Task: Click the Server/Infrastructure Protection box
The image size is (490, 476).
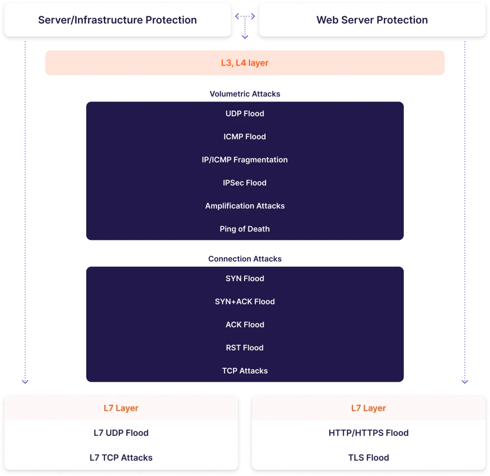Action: (x=117, y=20)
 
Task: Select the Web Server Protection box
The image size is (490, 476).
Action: (x=372, y=20)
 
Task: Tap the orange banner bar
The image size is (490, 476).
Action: (x=245, y=63)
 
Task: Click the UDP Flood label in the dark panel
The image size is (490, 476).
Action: (x=245, y=113)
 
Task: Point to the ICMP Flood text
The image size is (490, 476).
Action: (x=245, y=136)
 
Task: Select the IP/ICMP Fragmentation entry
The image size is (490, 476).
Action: (x=245, y=159)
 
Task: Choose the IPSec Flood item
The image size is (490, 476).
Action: (x=245, y=182)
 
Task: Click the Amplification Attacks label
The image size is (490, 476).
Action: (x=245, y=206)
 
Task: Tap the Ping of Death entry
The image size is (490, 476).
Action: (x=245, y=229)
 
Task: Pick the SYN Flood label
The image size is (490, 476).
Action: (x=245, y=278)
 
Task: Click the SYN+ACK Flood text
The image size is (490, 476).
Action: (x=245, y=302)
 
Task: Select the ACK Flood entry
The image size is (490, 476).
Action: (x=245, y=325)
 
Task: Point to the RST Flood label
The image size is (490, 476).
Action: (x=245, y=348)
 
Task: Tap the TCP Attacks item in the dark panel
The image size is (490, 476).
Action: (x=245, y=371)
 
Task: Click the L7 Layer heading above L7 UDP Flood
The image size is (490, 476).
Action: (x=121, y=408)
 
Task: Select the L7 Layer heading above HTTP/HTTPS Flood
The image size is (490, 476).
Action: (x=368, y=408)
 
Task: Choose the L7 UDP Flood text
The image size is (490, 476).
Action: (x=121, y=433)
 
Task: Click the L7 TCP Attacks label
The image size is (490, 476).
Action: (x=121, y=458)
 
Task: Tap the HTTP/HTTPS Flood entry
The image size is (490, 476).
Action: (x=368, y=433)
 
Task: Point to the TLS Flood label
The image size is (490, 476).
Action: (x=368, y=458)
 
